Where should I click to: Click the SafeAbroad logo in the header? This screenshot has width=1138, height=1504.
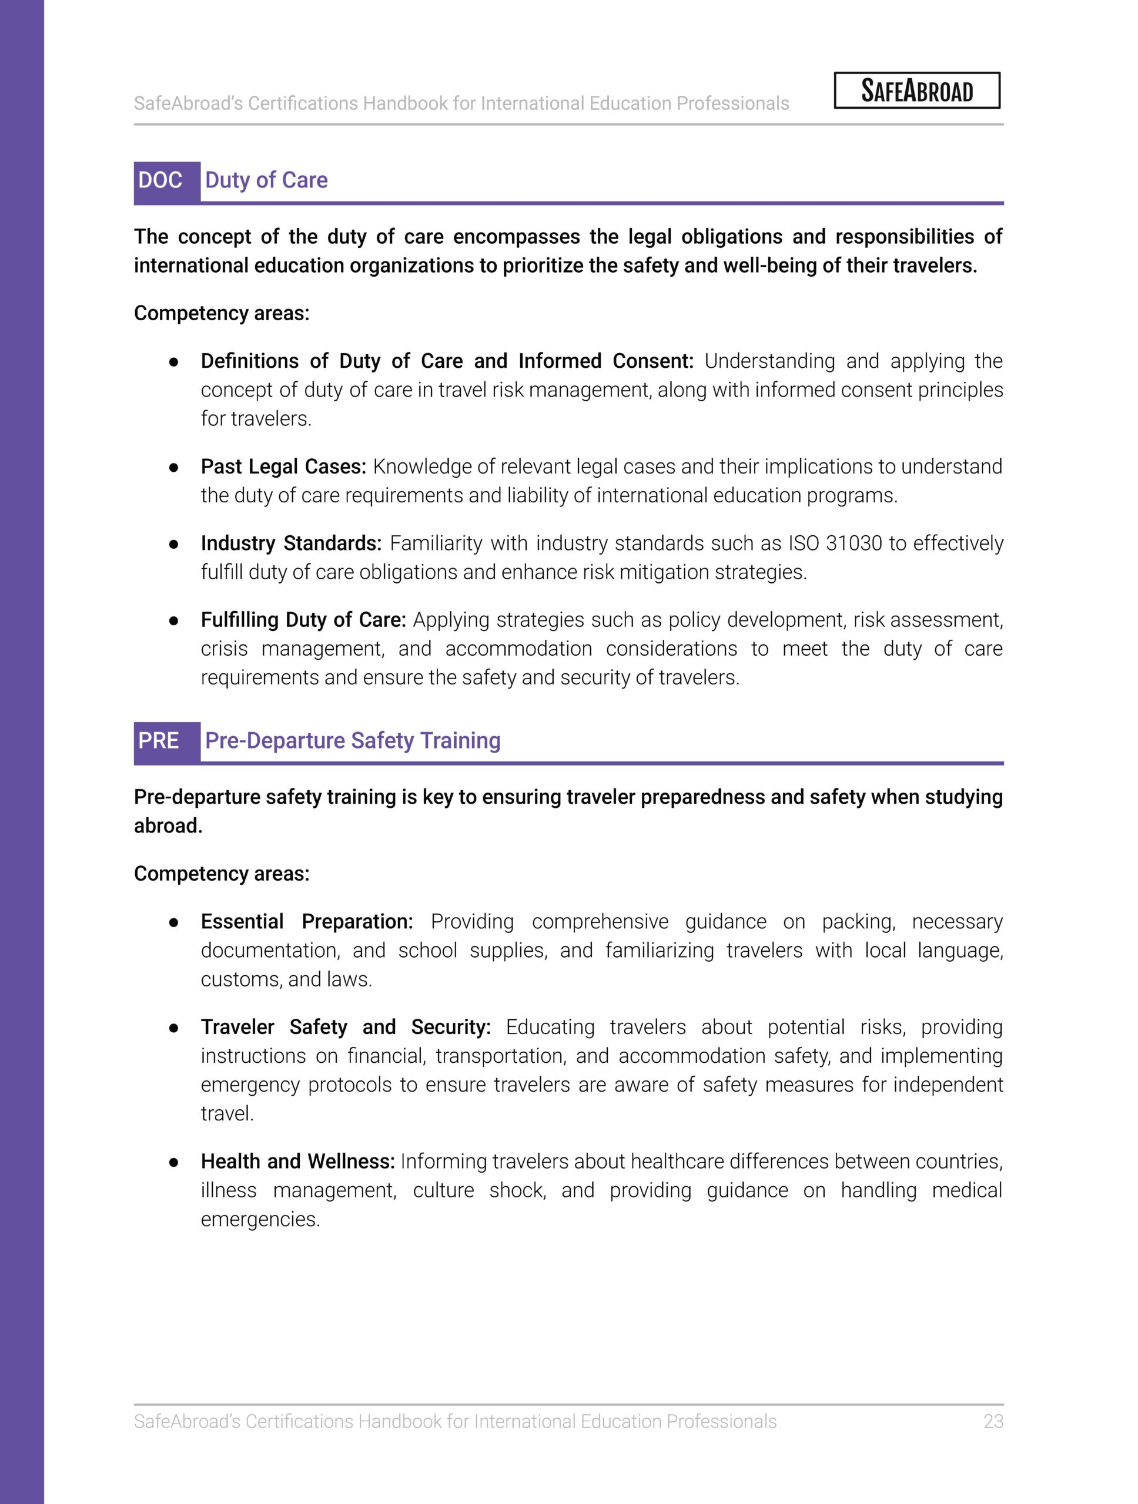tap(916, 90)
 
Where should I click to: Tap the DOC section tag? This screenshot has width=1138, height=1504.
tap(160, 180)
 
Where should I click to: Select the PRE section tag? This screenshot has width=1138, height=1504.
tap(159, 740)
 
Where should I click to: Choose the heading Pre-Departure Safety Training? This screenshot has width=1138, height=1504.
tap(352, 740)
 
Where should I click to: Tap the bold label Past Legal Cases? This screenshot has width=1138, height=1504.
tap(283, 466)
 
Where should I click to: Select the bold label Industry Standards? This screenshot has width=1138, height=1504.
tap(290, 543)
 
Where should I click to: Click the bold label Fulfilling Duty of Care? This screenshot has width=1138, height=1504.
tap(303, 619)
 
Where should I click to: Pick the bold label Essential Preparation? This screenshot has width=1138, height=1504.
tap(307, 921)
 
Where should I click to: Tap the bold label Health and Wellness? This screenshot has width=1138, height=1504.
tap(297, 1161)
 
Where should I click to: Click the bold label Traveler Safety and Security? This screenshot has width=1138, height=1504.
tap(346, 1027)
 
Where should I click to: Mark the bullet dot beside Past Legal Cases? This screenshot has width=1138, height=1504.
tap(173, 468)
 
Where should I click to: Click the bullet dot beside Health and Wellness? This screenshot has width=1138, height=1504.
tap(173, 1163)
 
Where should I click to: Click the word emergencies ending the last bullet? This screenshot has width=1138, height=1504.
tap(260, 1219)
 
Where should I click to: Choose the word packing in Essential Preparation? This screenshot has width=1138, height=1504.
tap(858, 921)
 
